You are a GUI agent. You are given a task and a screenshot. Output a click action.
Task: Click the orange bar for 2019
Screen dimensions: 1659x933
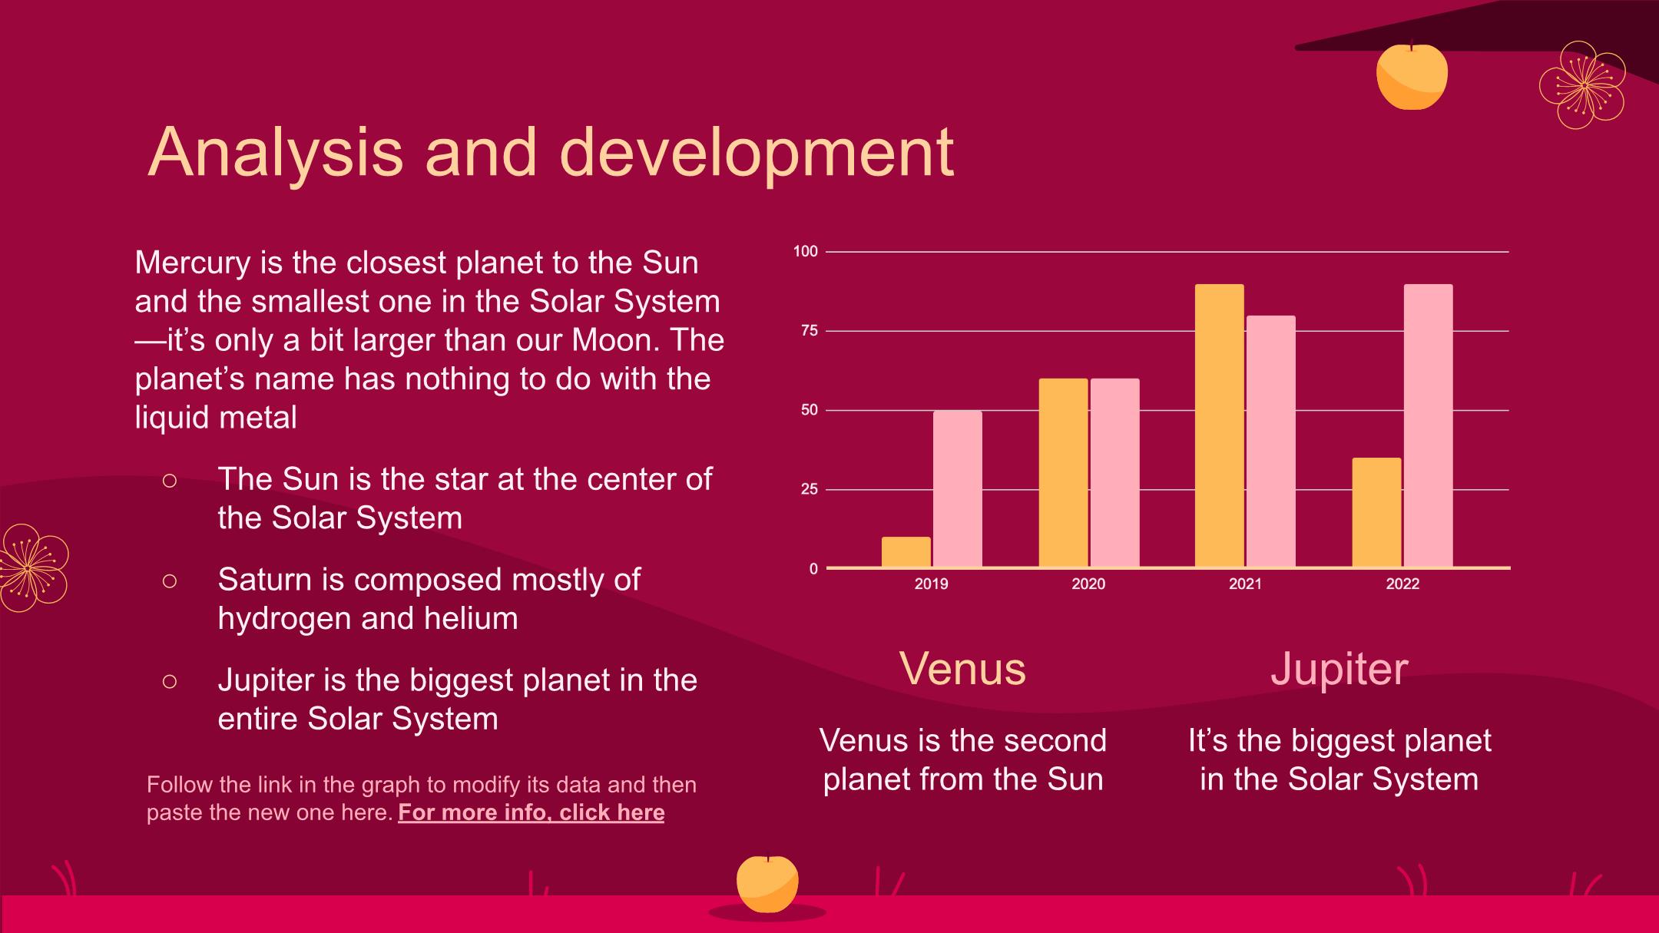906,552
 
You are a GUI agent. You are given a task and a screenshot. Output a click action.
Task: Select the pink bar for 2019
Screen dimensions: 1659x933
958,489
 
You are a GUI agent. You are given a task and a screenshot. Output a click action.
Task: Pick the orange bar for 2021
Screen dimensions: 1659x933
1219,426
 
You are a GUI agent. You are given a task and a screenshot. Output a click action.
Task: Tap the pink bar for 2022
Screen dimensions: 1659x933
1429,426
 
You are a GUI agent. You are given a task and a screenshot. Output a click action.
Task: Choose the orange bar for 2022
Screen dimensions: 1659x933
1376,513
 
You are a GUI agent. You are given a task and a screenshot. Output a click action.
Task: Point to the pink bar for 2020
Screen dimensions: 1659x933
1114,473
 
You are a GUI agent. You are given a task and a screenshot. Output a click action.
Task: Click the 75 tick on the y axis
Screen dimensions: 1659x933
810,331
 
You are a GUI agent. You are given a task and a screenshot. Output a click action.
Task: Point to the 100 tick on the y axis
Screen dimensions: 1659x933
806,251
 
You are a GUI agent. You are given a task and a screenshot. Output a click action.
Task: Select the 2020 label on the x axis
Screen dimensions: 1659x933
1088,584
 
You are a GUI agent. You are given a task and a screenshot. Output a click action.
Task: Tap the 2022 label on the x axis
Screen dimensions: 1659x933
1402,584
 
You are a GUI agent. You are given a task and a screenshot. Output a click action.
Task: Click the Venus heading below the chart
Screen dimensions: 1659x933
962,668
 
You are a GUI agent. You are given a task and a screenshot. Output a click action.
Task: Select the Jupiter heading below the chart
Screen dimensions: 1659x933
1339,670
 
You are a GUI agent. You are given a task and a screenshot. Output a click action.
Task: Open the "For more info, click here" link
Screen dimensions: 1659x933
531,812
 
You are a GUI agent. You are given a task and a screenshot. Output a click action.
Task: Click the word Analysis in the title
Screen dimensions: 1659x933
275,152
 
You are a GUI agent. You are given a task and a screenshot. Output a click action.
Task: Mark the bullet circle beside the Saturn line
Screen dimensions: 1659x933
170,581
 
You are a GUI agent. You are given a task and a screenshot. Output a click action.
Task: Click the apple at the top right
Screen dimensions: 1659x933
1412,75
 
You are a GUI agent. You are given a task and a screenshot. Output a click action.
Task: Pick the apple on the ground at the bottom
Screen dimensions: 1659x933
767,884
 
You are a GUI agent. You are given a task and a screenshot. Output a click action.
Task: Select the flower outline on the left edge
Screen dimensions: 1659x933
31,568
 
